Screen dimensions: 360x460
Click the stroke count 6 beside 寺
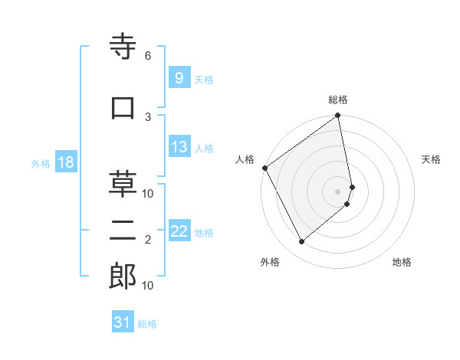pyautogui.click(x=148, y=56)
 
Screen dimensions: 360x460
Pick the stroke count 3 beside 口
pyautogui.click(x=148, y=116)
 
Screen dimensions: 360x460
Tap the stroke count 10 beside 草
pyautogui.click(x=148, y=193)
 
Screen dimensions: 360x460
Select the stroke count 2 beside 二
pyautogui.click(x=148, y=240)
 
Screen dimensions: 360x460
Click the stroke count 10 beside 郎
pyautogui.click(x=148, y=285)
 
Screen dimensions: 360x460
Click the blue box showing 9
pyautogui.click(x=178, y=77)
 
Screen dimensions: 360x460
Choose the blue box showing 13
pyautogui.click(x=179, y=147)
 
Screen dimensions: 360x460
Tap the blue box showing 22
pyautogui.click(x=179, y=231)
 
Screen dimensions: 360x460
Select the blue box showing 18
pyautogui.click(x=64, y=162)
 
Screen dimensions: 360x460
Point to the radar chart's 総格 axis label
pyautogui.click(x=338, y=100)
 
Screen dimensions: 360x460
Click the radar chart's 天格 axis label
pyautogui.click(x=432, y=159)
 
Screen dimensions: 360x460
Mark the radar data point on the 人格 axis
pyautogui.click(x=264, y=168)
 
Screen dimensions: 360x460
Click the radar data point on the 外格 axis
pyautogui.click(x=301, y=241)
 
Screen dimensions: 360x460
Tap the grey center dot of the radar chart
pyautogui.click(x=338, y=191)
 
